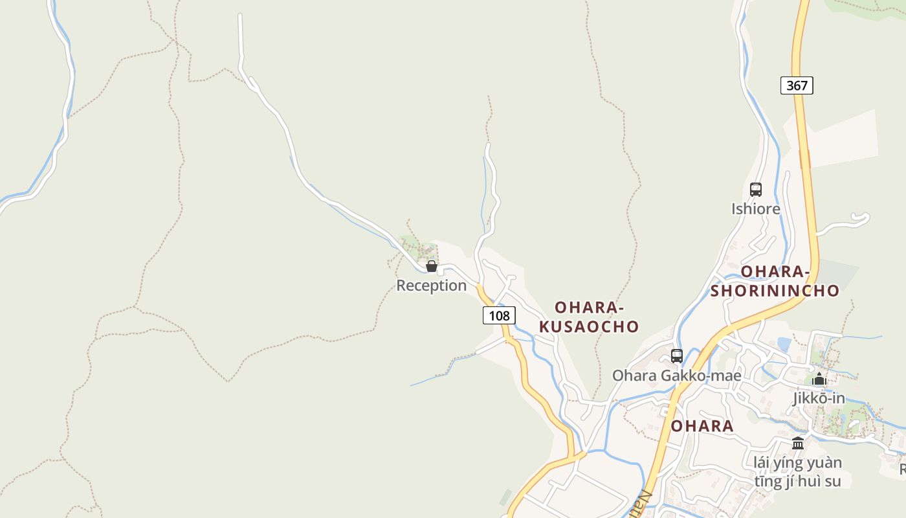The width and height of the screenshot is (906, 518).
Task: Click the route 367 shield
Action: click(797, 85)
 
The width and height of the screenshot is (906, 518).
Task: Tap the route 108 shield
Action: click(499, 315)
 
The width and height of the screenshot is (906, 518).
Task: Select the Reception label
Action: click(431, 286)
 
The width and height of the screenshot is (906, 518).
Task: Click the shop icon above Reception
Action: click(432, 266)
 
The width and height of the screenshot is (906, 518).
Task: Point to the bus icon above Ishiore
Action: click(755, 190)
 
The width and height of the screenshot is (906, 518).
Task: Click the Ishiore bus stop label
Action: click(755, 209)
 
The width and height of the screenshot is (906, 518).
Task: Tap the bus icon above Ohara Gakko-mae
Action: click(677, 355)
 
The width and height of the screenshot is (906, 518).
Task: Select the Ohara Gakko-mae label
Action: click(677, 376)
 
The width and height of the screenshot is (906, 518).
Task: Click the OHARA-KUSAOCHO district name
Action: click(589, 317)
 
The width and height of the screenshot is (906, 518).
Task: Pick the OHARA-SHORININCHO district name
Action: click(775, 281)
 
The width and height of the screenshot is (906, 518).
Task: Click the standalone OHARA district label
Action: click(702, 426)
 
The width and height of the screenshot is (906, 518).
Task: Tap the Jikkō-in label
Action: click(819, 398)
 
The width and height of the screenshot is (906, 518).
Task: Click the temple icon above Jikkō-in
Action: click(819, 379)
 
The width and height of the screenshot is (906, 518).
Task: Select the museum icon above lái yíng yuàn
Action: click(798, 444)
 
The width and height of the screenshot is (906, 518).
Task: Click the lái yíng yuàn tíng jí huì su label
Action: click(798, 472)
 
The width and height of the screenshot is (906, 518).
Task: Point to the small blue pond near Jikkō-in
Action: click(784, 344)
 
